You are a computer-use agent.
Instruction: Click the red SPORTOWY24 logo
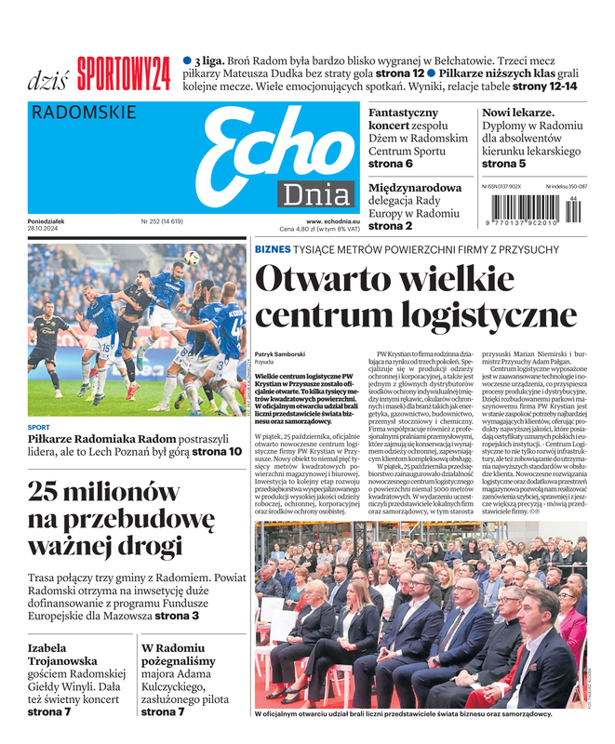[124, 73]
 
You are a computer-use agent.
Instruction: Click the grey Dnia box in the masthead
[318, 195]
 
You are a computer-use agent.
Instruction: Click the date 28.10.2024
[46, 230]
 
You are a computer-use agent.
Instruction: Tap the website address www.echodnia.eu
[320, 220]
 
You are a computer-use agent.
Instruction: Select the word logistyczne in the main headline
[474, 315]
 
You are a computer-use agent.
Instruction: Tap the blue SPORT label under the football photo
[39, 428]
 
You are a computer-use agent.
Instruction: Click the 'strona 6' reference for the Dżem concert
[391, 164]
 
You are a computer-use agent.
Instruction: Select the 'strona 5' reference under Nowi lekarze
[503, 164]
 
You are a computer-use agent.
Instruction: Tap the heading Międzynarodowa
[415, 187]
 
